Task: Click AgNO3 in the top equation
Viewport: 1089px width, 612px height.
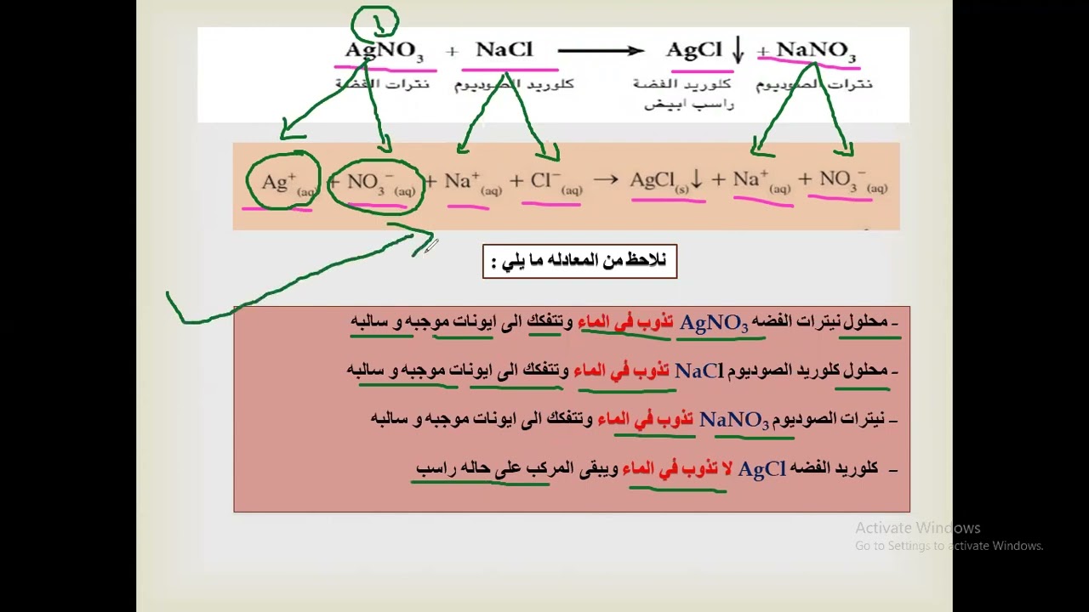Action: pyautogui.click(x=384, y=51)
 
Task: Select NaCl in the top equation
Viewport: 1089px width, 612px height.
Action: pyautogui.click(x=504, y=49)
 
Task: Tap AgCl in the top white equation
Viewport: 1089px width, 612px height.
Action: pyautogui.click(x=693, y=50)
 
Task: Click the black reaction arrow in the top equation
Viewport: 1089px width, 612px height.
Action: pyautogui.click(x=601, y=51)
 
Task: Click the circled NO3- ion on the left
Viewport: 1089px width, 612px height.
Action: pyautogui.click(x=375, y=183)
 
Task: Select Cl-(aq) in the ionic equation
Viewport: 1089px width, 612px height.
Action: pyautogui.click(x=555, y=183)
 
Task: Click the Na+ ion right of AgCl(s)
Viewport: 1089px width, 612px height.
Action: pyautogui.click(x=761, y=181)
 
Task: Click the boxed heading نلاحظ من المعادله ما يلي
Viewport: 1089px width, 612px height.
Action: pyautogui.click(x=579, y=261)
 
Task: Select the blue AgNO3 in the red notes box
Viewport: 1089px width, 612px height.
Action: pyautogui.click(x=714, y=323)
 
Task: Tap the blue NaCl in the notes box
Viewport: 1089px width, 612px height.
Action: pyautogui.click(x=698, y=371)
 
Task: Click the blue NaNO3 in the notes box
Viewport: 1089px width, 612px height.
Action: pyautogui.click(x=734, y=420)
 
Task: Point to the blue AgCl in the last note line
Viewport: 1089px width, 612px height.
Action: pyautogui.click(x=761, y=469)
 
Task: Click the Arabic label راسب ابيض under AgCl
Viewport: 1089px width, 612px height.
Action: pyautogui.click(x=688, y=104)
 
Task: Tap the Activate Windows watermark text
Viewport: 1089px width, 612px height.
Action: pyautogui.click(x=918, y=528)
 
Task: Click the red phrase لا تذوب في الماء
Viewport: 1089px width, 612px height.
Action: pyautogui.click(x=677, y=468)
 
